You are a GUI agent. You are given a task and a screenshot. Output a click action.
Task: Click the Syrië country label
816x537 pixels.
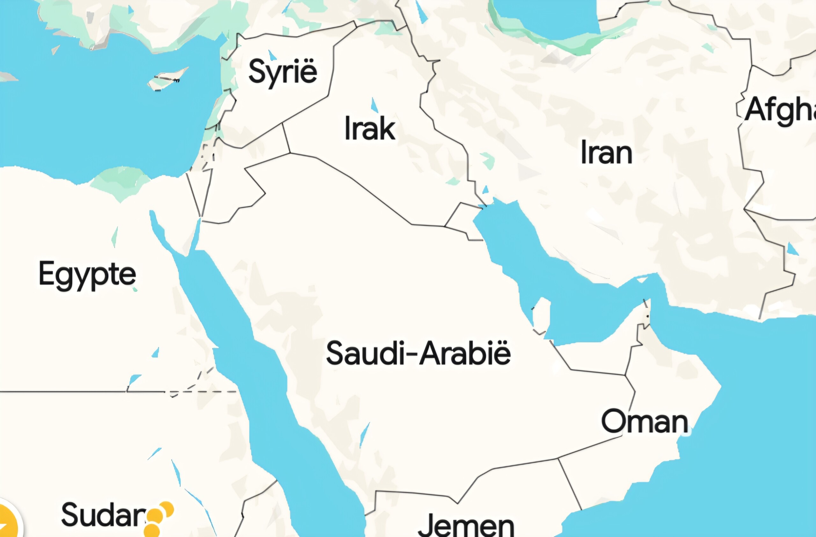point(282,72)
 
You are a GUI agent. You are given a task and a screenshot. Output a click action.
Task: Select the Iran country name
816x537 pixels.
point(606,153)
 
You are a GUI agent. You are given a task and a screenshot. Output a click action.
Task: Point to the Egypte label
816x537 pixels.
point(87,275)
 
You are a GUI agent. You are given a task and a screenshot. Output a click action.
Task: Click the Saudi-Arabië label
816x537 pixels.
point(418,353)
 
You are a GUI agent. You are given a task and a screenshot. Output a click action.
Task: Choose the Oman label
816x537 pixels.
point(645,421)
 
